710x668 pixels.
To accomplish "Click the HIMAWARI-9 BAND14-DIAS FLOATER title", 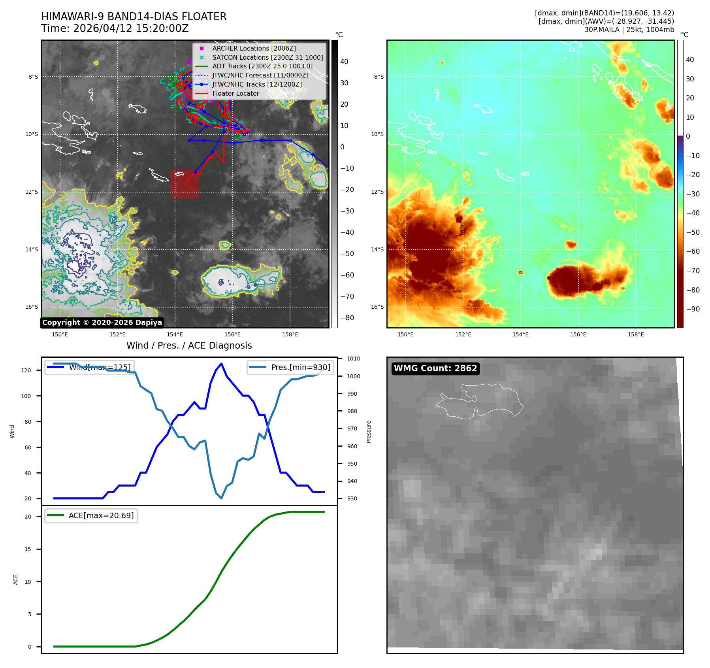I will (x=134, y=17).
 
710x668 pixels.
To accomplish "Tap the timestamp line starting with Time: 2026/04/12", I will (x=115, y=29).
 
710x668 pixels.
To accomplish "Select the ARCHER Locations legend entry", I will (x=254, y=48).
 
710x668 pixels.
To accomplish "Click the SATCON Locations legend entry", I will (x=267, y=57).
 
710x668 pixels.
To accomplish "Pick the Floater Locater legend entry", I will (x=235, y=94).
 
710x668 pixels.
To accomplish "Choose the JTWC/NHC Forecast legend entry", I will (x=260, y=75).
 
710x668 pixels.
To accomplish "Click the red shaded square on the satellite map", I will (x=185, y=184).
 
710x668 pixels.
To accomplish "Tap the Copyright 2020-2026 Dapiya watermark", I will (x=102, y=323).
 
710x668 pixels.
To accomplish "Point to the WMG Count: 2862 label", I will (x=435, y=368).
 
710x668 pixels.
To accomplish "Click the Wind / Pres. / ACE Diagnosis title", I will (x=189, y=345).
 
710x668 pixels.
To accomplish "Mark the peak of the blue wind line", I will (x=221, y=364).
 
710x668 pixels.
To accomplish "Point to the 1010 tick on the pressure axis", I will (x=353, y=359).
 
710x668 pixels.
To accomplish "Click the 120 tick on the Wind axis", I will (x=26, y=370).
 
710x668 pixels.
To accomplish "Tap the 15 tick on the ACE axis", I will (x=28, y=549).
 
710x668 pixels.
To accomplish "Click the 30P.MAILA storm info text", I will (x=629, y=30).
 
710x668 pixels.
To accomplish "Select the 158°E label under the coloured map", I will (x=635, y=335).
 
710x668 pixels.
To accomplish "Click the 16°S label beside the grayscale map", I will (x=32, y=307).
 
